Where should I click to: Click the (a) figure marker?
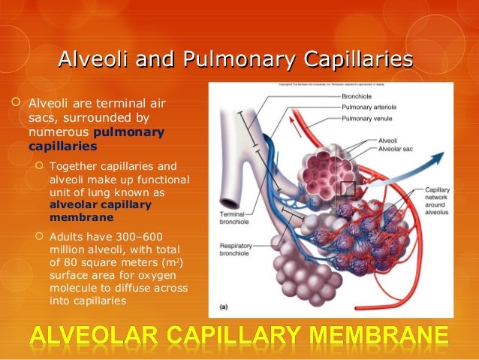pos(224,306)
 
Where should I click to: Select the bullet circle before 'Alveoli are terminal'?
pos(17,102)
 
